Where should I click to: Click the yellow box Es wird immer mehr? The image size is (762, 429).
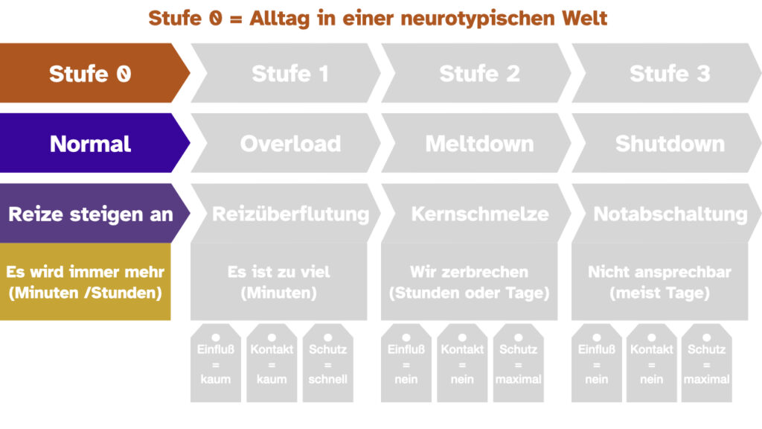pos(85,282)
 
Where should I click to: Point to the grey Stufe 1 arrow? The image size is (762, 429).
pos(286,73)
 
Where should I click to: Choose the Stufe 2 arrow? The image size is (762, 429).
pos(476,73)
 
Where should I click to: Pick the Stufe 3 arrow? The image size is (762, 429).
pos(667,73)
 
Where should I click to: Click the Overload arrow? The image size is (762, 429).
pos(286,143)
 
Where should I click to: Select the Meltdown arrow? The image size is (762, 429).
pos(476,143)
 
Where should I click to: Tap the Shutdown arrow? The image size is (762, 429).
pos(667,143)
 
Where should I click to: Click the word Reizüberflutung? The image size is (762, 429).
pos(291,214)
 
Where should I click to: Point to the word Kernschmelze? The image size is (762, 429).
pos(480,214)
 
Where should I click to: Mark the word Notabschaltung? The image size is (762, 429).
pos(670,214)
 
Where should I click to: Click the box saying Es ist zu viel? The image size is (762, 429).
pos(278,282)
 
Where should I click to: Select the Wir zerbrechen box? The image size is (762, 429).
pos(469,282)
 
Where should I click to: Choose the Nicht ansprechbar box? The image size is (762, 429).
pos(659,282)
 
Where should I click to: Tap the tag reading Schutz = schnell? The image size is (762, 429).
pos(327,363)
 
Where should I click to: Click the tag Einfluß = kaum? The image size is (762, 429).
pos(215,363)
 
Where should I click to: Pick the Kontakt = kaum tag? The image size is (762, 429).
pos(272,363)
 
